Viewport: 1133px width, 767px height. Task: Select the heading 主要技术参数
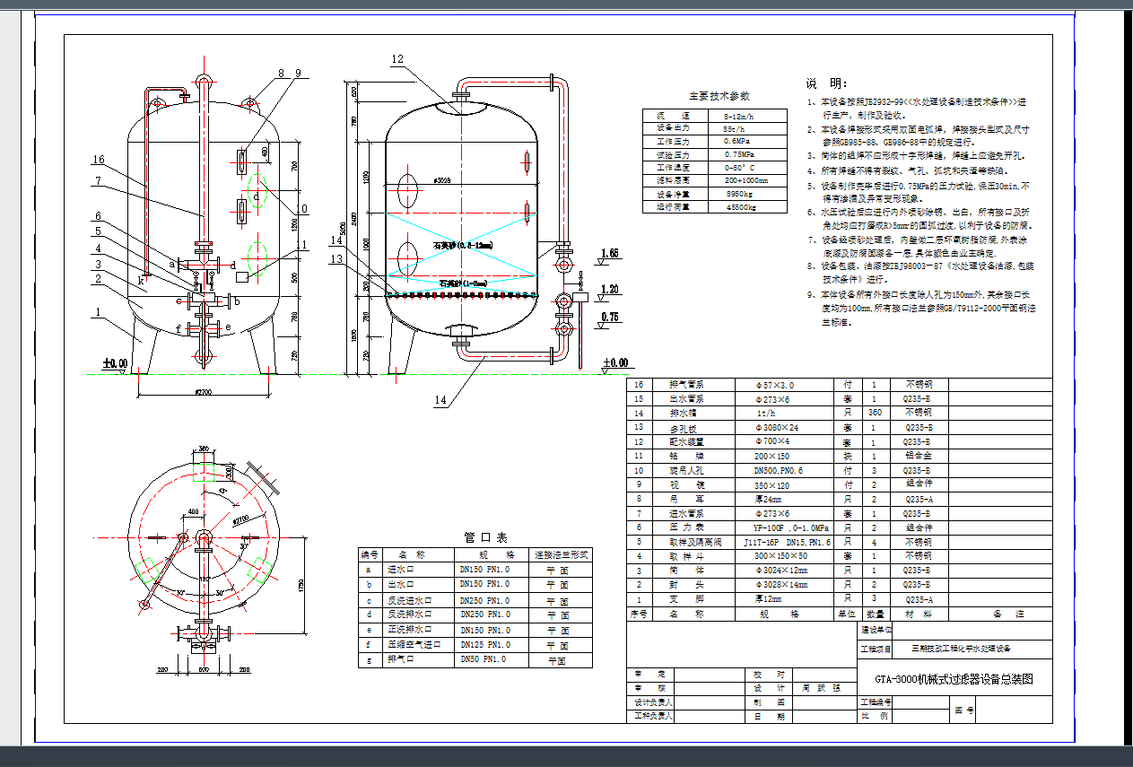coord(719,96)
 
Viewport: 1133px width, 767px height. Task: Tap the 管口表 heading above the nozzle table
coord(485,537)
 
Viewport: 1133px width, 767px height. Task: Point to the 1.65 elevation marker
coord(610,254)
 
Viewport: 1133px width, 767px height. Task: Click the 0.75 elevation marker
coord(610,317)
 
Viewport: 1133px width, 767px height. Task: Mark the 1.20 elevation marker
coord(610,289)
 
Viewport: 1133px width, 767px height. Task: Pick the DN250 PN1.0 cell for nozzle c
coord(484,600)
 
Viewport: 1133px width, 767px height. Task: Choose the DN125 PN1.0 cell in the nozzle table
coord(484,644)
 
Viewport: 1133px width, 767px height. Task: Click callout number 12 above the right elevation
coord(398,59)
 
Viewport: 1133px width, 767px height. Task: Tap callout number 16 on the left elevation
coord(99,161)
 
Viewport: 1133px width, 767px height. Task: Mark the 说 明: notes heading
coord(824,83)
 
